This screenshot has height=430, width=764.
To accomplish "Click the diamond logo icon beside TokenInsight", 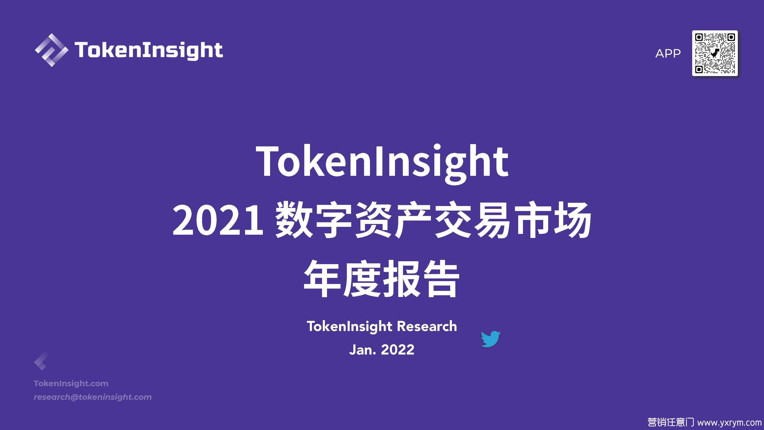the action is pos(52,50).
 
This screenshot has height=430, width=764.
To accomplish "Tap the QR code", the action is pos(715,53).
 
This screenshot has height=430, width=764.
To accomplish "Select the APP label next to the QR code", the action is pos(668,54).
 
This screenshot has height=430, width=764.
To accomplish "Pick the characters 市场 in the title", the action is pos(552,220).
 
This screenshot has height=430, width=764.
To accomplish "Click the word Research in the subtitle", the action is pos(427,326).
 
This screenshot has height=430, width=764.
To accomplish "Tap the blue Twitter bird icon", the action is pos(490,339).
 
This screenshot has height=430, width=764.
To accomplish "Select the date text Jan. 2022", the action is pos(382,350).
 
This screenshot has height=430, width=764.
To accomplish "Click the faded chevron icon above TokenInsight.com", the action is pos(41,361).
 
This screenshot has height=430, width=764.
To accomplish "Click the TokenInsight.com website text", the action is pos(71,383).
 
